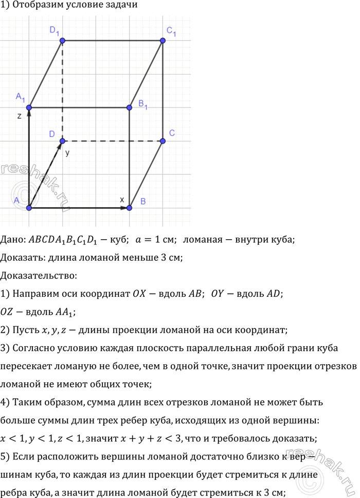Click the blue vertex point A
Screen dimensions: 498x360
click(x=29, y=207)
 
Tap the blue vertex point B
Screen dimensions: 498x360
click(x=129, y=207)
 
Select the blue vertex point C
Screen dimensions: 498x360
click(x=163, y=140)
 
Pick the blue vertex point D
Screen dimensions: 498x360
click(x=63, y=140)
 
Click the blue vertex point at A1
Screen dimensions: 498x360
click(x=29, y=107)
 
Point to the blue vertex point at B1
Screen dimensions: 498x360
click(x=129, y=107)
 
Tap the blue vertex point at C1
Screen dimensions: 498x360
click(x=163, y=40)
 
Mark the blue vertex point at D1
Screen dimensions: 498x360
click(x=63, y=40)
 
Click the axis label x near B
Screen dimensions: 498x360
click(x=122, y=199)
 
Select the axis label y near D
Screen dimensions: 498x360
click(x=67, y=153)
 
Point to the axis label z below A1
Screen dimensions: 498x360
click(x=19, y=116)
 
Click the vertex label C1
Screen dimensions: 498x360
click(x=171, y=31)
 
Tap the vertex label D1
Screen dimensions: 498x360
click(x=55, y=31)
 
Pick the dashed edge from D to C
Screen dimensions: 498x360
click(x=113, y=140)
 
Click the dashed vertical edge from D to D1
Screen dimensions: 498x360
click(x=63, y=90)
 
